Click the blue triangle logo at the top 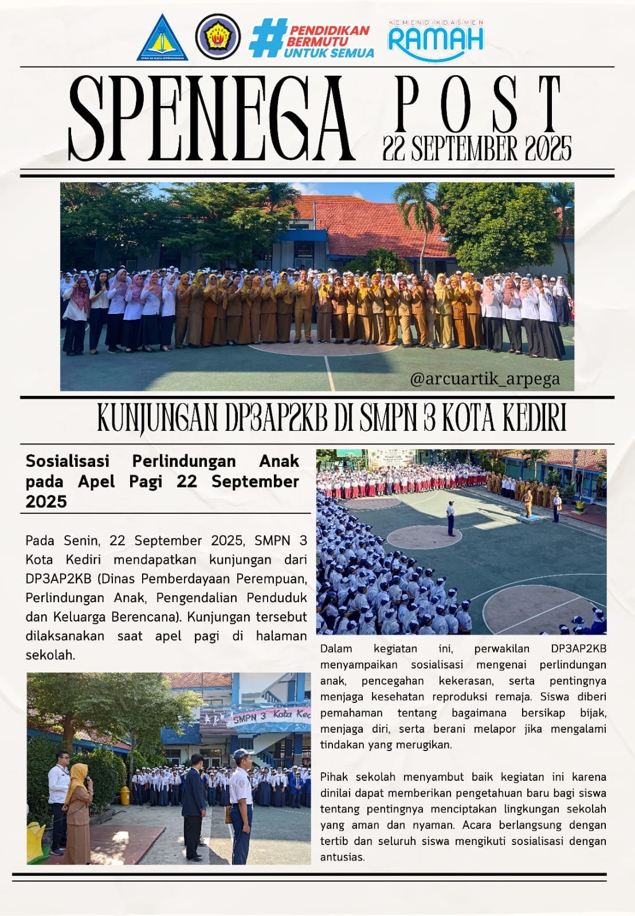[162, 38]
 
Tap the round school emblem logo [218, 37]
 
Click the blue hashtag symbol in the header [266, 38]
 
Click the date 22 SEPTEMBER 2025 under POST [477, 149]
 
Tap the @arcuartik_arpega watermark [485, 379]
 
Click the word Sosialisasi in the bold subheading [68, 461]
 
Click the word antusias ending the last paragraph [342, 857]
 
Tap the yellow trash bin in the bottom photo [125, 795]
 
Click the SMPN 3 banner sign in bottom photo [269, 716]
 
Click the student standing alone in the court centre [451, 518]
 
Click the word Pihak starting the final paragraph [335, 777]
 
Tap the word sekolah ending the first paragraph [49, 655]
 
